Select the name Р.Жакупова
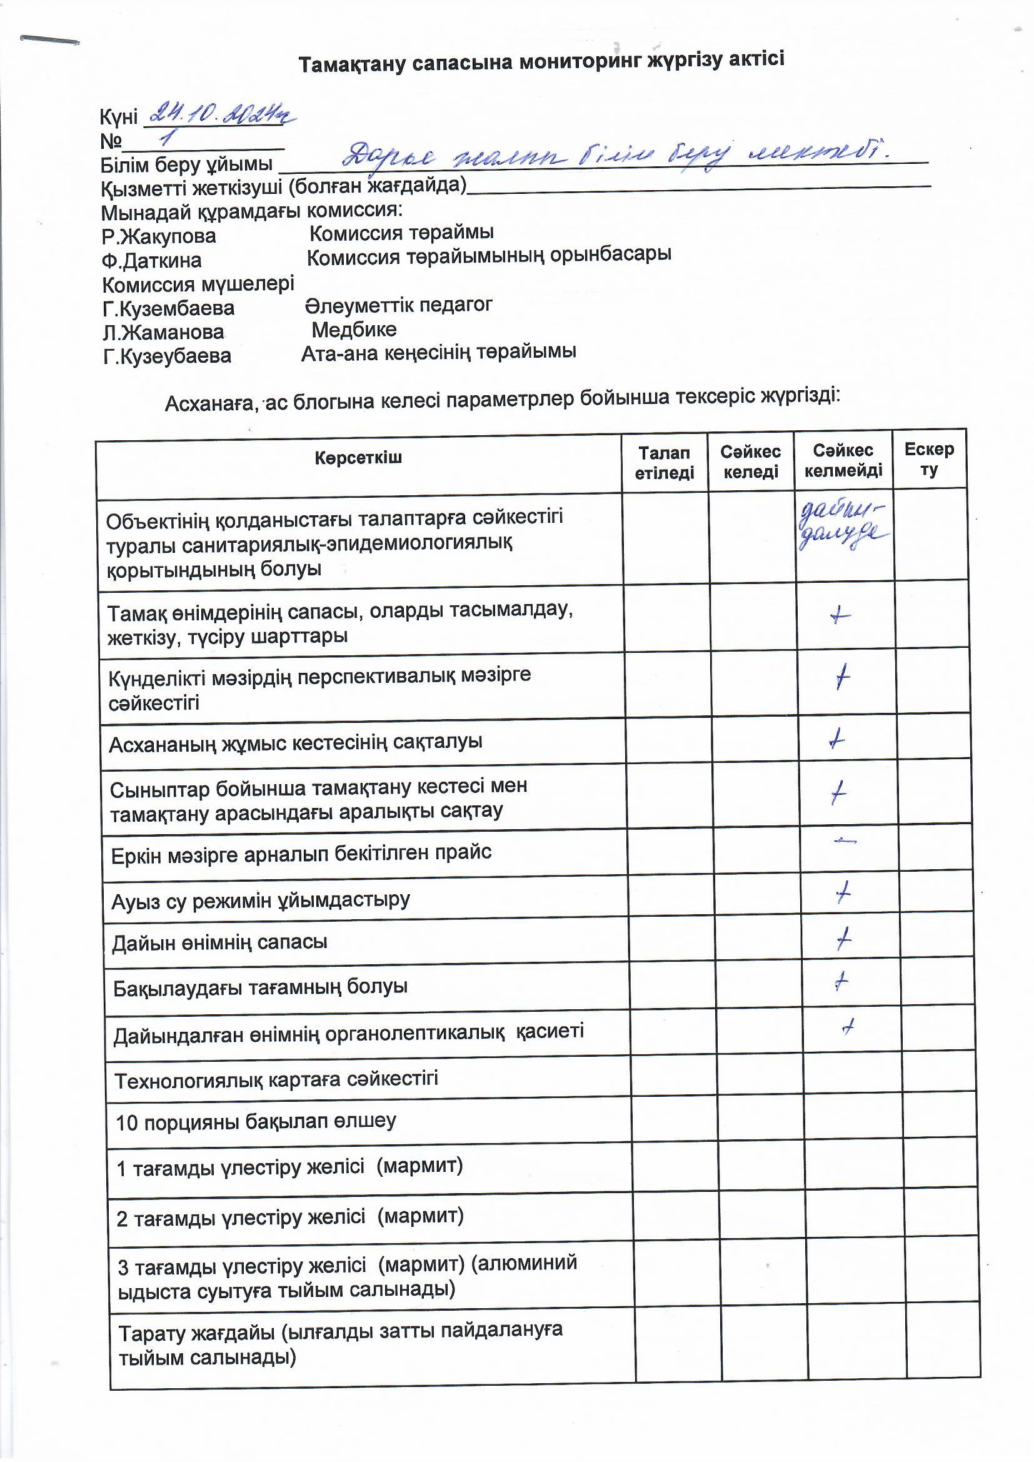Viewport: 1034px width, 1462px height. click(x=159, y=236)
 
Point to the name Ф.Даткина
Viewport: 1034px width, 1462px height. click(x=151, y=260)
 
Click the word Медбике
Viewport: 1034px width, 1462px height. click(x=354, y=329)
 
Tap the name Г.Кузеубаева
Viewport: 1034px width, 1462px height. click(x=167, y=356)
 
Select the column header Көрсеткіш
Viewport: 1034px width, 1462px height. click(x=358, y=457)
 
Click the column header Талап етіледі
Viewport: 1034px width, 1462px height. click(x=664, y=463)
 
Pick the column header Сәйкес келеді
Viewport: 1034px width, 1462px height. click(x=751, y=461)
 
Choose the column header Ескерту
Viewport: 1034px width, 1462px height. click(x=929, y=459)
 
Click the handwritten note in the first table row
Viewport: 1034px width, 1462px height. click(x=841, y=526)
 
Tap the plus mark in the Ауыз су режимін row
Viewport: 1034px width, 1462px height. click(x=843, y=894)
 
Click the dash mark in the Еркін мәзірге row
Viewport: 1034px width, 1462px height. click(x=845, y=842)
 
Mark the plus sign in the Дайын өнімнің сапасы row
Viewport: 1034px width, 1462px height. click(x=843, y=939)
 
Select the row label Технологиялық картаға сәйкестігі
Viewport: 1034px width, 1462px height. click(x=276, y=1080)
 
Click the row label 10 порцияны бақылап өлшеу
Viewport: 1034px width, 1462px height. click(x=256, y=1122)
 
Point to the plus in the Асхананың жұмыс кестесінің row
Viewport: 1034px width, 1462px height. click(x=837, y=739)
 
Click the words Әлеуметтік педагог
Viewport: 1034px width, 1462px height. click(x=399, y=305)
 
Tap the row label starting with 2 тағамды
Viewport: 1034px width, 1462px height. click(x=289, y=1217)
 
